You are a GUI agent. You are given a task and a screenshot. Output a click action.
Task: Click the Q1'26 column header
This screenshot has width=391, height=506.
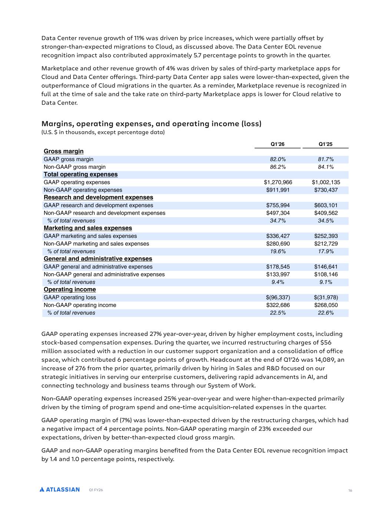[x=278, y=144]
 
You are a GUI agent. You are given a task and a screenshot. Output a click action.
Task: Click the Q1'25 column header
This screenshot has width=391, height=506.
[x=326, y=144]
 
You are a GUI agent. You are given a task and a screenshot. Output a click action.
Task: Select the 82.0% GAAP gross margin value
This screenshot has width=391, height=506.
[x=278, y=159]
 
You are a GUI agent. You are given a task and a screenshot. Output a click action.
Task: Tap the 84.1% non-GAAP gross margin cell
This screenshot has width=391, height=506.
[x=326, y=167]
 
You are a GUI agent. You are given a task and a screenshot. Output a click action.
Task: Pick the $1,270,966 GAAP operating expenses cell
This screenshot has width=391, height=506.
[x=278, y=182]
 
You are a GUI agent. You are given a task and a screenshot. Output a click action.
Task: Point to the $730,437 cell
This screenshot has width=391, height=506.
[x=326, y=190]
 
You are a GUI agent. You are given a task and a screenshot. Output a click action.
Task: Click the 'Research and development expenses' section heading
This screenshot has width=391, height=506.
[x=98, y=198]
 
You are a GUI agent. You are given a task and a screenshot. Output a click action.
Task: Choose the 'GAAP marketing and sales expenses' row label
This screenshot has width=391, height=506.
[x=90, y=236]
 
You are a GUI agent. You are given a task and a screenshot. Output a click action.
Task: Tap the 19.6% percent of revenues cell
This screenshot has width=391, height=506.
[x=278, y=251]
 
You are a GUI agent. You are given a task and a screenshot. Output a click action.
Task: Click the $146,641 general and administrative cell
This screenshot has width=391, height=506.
[x=326, y=267]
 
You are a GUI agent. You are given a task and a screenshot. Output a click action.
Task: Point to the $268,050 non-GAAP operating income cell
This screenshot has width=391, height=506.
[x=326, y=305]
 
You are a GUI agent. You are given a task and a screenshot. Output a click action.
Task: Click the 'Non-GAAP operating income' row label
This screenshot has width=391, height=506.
[x=80, y=305]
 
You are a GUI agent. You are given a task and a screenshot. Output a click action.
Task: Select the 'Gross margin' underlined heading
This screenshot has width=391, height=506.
[x=63, y=151]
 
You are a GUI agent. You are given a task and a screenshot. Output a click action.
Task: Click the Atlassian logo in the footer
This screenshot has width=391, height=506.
[x=60, y=490]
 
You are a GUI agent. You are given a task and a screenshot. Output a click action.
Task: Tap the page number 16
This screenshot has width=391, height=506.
[x=350, y=491]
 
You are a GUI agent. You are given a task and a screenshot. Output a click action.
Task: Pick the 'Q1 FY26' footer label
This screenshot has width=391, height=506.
[x=96, y=490]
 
